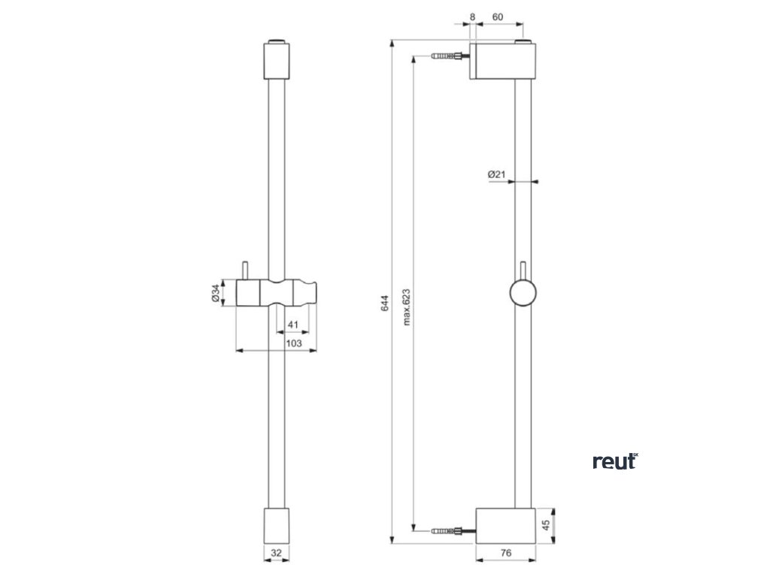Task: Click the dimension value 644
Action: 384,304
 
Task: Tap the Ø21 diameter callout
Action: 496,174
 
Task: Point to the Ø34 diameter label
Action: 215,293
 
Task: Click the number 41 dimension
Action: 293,325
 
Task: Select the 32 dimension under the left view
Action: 276,553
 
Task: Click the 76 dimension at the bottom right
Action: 506,553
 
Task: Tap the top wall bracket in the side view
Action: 503,60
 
